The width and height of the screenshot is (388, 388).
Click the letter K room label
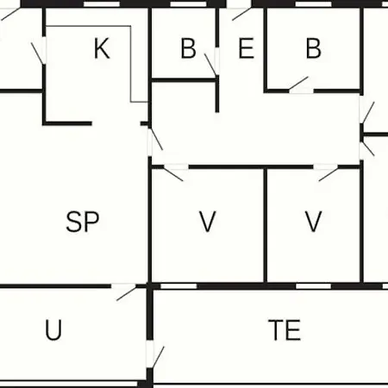pyautogui.click(x=102, y=48)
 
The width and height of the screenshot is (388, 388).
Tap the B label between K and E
pyautogui.click(x=189, y=48)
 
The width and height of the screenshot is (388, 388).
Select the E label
pyautogui.click(x=247, y=48)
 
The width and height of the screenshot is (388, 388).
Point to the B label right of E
pyautogui.click(x=314, y=48)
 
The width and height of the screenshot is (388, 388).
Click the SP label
pyautogui.click(x=83, y=222)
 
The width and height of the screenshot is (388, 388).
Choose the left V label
pyautogui.click(x=208, y=222)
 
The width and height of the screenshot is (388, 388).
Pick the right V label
pyautogui.click(x=313, y=222)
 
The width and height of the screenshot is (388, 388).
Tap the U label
pyautogui.click(x=53, y=329)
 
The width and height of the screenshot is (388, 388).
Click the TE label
pyautogui.click(x=285, y=329)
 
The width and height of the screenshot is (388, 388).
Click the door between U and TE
pyautogui.click(x=153, y=354)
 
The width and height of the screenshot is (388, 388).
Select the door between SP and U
pyautogui.click(x=124, y=291)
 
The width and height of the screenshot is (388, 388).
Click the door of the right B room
pyautogui.click(x=299, y=85)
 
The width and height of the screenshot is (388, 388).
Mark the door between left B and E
pyautogui.click(x=213, y=65)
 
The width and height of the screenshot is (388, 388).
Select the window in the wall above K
pyautogui.click(x=102, y=4)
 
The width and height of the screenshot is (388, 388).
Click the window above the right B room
pyautogui.click(x=313, y=4)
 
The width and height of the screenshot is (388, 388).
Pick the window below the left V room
pyautogui.click(x=178, y=286)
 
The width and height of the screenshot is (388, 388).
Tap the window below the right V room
pyautogui.click(x=313, y=286)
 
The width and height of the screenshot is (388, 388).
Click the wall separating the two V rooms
pyautogui.click(x=266, y=226)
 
